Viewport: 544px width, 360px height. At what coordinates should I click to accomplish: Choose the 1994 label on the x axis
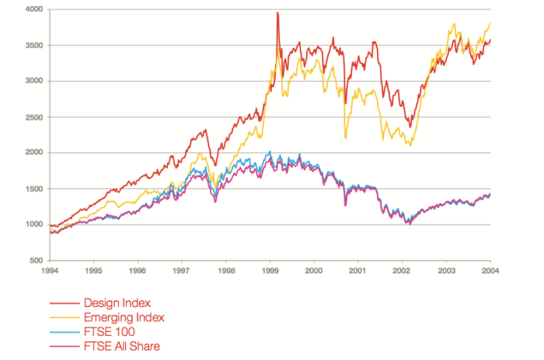(48, 271)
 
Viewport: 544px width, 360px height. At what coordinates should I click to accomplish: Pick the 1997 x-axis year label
(181, 271)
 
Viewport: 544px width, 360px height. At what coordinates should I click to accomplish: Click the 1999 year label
(270, 271)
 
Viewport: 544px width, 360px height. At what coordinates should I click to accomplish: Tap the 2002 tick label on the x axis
(402, 271)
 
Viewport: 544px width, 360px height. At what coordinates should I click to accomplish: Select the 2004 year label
(490, 271)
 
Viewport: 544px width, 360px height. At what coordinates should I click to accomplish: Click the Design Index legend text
(118, 303)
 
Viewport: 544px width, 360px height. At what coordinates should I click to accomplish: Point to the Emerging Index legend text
(124, 317)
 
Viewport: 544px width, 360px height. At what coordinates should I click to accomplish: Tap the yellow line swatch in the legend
(64, 318)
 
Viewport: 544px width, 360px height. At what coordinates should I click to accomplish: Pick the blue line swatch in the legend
(64, 332)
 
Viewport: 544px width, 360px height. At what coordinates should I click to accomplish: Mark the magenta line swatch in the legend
(64, 346)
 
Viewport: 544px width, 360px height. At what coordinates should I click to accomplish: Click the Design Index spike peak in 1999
(277, 13)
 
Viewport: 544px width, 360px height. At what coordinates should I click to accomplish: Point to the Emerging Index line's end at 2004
(490, 23)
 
